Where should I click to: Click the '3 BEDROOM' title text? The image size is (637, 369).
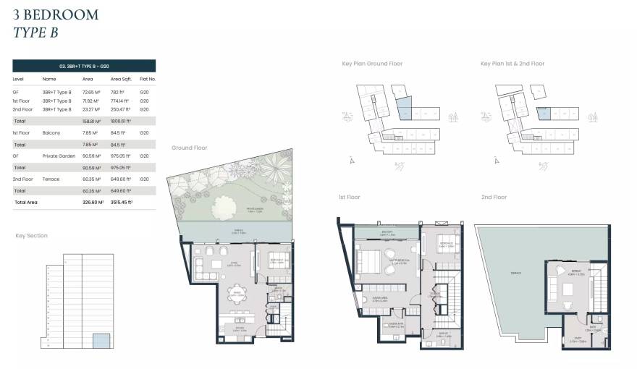coord(56,14)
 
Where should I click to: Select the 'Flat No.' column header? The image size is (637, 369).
coord(148,79)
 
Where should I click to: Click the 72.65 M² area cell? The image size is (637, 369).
coord(92,93)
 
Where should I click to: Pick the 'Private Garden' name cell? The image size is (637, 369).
coord(58,156)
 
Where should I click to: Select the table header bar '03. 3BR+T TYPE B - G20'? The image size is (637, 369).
coord(84,66)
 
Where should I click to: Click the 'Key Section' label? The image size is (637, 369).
coord(32,236)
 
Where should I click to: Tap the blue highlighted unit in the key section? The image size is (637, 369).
coord(102,341)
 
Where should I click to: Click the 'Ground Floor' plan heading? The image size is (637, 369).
coord(189,148)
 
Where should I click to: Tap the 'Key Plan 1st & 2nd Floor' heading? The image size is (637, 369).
coord(512,64)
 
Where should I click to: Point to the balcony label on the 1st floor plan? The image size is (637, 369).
coord(387,232)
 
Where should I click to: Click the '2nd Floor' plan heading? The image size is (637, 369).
coord(494,197)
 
